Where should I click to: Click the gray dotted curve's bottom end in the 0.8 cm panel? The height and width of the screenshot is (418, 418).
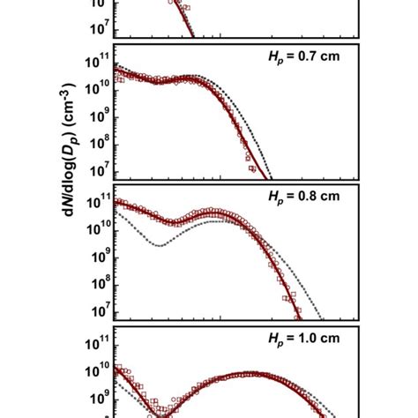point(322,318)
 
